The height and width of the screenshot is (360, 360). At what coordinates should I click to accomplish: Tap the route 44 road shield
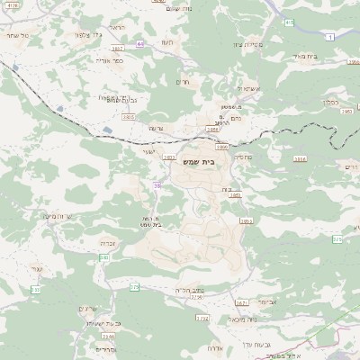point(140,42)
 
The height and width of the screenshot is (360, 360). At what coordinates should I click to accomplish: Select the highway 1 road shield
point(331,36)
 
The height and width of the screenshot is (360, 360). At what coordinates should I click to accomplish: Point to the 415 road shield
point(288,22)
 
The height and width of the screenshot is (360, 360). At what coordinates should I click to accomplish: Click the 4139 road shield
point(11,5)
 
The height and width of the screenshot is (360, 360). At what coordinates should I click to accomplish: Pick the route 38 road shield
point(157,185)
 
